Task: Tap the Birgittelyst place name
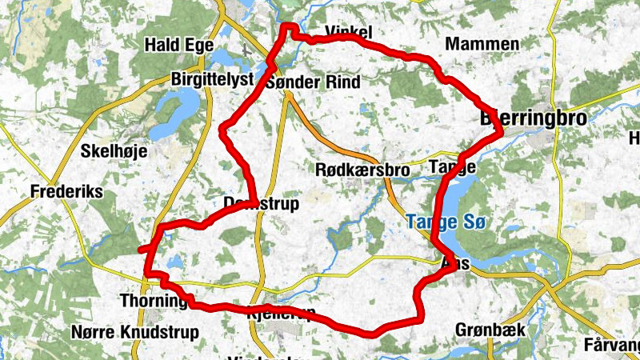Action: (212, 79)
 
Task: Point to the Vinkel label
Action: (350, 33)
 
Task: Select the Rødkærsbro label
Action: (362, 170)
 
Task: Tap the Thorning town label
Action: (152, 301)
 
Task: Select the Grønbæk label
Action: (482, 329)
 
